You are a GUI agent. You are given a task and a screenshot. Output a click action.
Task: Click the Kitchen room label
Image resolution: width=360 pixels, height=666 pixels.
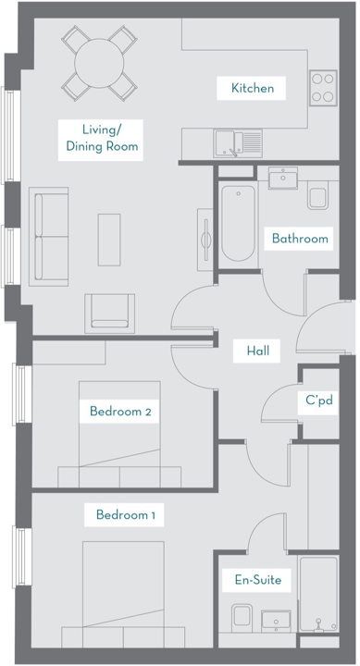coord(253,89)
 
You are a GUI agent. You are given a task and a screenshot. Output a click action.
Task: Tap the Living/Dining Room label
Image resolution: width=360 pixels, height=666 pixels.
coord(102,136)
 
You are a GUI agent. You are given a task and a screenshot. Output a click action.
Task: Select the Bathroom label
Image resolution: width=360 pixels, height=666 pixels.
coord(299,239)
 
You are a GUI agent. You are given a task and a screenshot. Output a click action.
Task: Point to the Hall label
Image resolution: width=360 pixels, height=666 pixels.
coord(257,351)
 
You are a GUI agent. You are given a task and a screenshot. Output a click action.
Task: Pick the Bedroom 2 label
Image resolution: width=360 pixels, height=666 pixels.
coord(120,412)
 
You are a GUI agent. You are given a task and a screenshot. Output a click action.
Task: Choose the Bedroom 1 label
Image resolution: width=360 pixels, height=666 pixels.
coord(125,515)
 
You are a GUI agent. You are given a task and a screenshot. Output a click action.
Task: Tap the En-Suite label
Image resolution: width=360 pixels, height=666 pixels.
coord(257,581)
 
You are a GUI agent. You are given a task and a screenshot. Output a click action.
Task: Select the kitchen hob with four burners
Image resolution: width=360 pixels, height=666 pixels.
coord(322,88)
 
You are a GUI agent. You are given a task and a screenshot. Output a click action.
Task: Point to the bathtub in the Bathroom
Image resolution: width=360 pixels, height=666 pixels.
coord(239,225)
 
